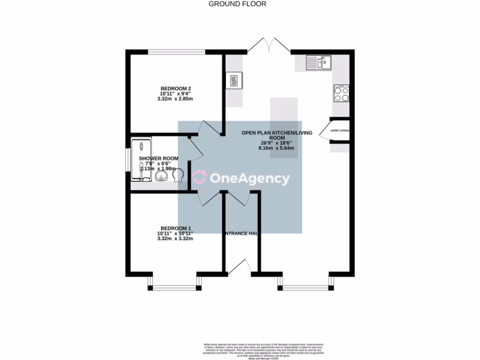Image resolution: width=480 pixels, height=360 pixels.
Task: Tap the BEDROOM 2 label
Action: tap(176, 88)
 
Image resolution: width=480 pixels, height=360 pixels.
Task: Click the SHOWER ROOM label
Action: tap(158, 158)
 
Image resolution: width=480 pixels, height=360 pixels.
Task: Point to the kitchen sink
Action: tap(319, 62)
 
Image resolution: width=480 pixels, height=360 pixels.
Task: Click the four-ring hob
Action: tap(341, 93)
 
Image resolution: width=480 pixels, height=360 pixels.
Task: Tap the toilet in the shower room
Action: tap(179, 176)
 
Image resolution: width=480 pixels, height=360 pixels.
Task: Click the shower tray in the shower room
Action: tap(140, 159)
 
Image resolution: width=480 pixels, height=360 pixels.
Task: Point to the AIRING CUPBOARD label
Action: tap(340, 131)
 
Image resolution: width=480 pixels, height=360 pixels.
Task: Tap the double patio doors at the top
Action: tap(268, 45)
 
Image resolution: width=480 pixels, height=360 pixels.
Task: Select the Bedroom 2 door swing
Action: tap(210, 128)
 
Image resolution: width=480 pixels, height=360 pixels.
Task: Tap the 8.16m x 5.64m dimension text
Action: tap(277, 148)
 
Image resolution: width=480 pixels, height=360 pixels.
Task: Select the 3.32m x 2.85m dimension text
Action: tap(175, 99)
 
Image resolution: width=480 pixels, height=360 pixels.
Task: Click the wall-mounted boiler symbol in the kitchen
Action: tap(233, 80)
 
